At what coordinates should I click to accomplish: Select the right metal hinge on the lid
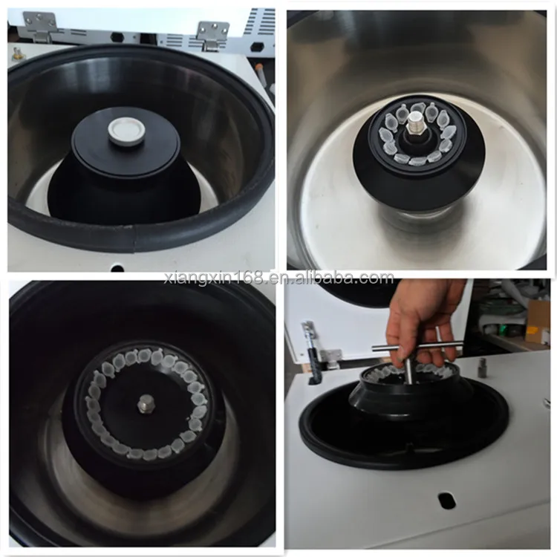(212, 32)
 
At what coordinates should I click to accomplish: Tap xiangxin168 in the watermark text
(211, 278)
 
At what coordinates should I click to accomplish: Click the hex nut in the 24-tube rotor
(144, 403)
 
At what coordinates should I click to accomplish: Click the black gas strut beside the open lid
(311, 354)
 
